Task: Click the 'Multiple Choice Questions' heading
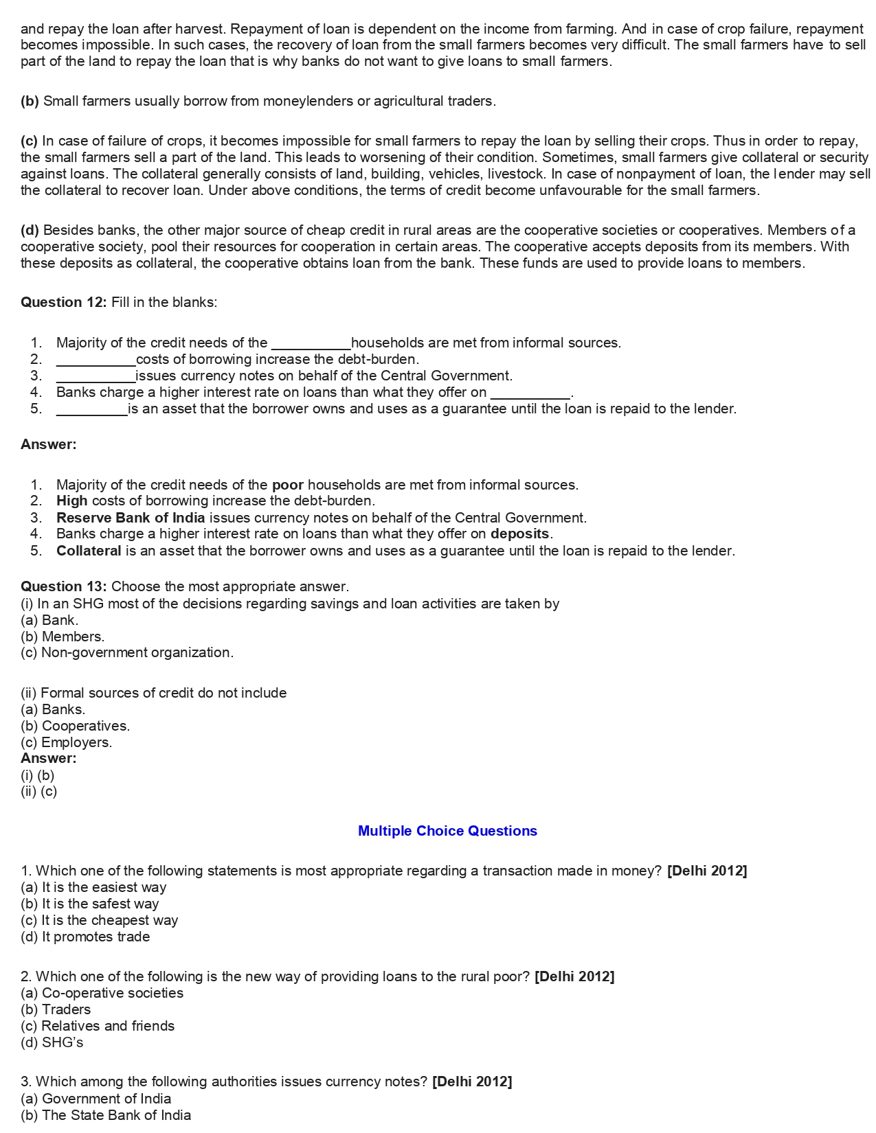[x=447, y=831]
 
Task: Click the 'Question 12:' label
[x=63, y=302]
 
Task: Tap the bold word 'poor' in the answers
[x=287, y=485]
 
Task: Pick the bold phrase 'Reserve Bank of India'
[x=131, y=518]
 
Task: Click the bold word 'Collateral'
[x=89, y=551]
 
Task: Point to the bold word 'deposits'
[x=519, y=534]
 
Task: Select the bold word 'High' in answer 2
[x=72, y=501]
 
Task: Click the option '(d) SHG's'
[x=52, y=1042]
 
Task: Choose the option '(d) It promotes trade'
[x=85, y=937]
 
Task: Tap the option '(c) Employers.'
[x=66, y=742]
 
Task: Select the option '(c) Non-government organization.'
[x=127, y=652]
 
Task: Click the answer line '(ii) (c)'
[x=38, y=791]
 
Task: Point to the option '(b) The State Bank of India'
[x=106, y=1115]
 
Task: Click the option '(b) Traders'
[x=56, y=1009]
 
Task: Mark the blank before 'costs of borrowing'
[x=96, y=359]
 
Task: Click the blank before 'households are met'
[x=311, y=343]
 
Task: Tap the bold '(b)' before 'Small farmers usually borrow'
[x=30, y=101]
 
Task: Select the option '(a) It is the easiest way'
[x=93, y=887]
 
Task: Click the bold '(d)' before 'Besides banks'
[x=30, y=230]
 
